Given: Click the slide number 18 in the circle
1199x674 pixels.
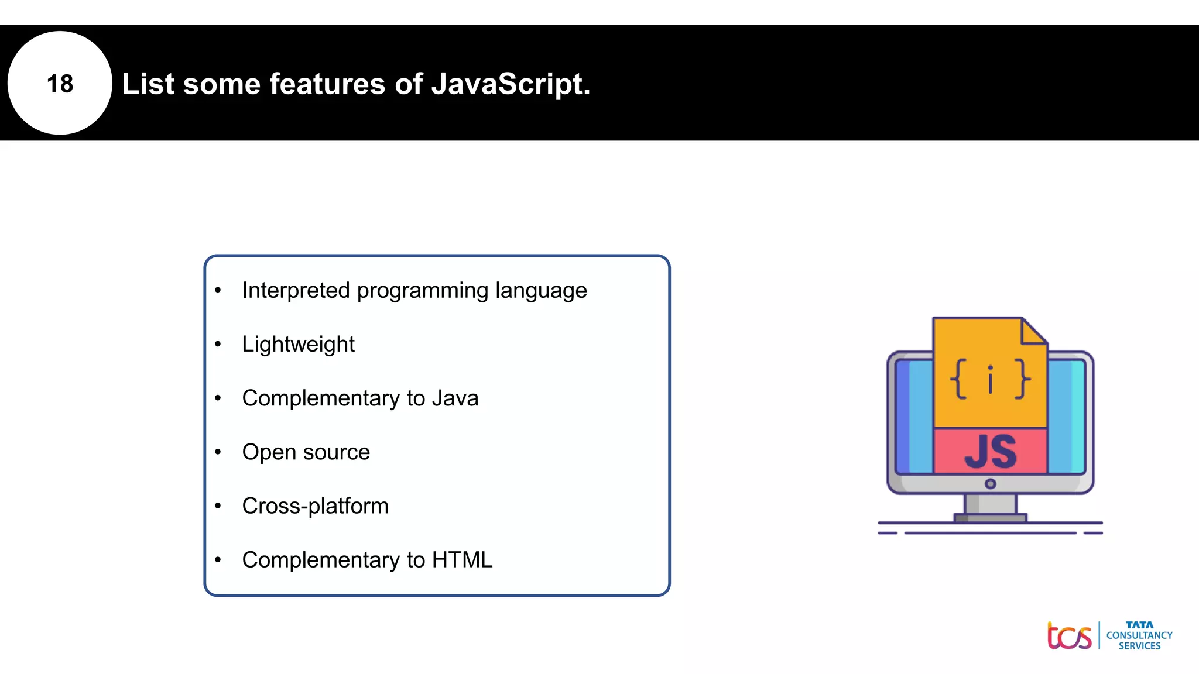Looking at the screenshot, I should click(x=60, y=84).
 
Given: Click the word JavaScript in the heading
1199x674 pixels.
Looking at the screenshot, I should click(x=510, y=84).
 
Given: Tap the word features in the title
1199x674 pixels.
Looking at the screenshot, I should click(x=327, y=84).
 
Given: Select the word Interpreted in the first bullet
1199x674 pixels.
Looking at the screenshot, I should click(x=296, y=291).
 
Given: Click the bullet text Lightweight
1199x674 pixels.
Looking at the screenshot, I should click(x=298, y=345).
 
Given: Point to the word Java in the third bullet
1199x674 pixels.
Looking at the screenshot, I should click(x=455, y=398).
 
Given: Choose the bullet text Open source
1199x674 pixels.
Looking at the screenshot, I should click(x=306, y=452).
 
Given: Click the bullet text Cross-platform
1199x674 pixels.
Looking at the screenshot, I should click(x=315, y=506).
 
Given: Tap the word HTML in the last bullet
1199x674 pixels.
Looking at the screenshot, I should click(x=462, y=560).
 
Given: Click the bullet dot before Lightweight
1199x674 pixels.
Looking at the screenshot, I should click(x=218, y=344).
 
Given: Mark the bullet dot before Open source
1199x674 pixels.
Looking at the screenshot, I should click(x=218, y=452).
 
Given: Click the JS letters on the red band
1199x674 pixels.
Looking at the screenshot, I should click(x=990, y=452).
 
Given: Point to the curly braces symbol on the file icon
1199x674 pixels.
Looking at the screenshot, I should click(x=990, y=379).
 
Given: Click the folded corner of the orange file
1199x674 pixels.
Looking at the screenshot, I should click(x=1033, y=332).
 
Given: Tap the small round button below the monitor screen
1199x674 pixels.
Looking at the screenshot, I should click(x=990, y=484).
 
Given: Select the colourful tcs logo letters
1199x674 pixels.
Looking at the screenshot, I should click(x=1069, y=637).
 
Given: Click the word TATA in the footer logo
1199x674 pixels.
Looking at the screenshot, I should click(x=1139, y=625).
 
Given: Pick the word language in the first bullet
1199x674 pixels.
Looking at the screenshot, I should click(x=541, y=291).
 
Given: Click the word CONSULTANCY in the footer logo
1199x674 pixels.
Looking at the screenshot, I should click(x=1139, y=635).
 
